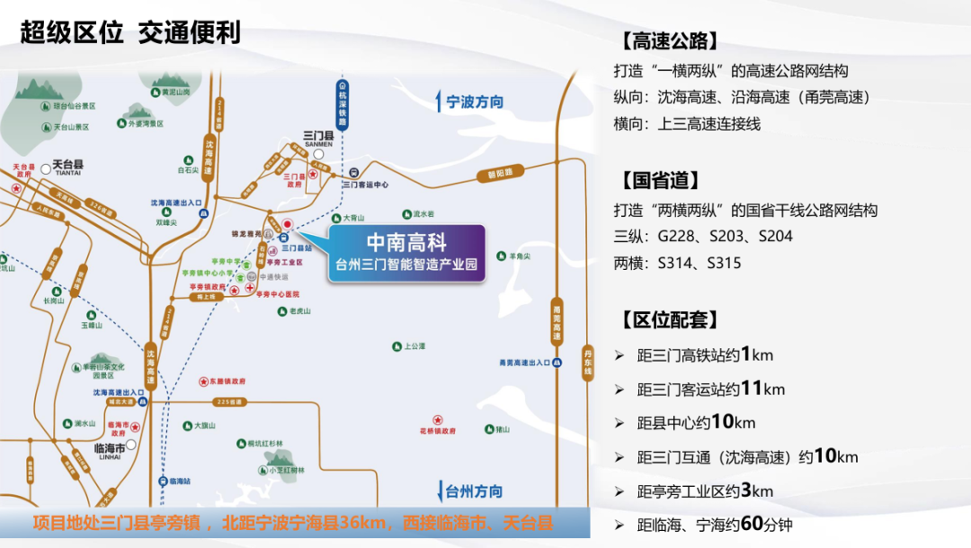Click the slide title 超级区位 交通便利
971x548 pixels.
point(130,34)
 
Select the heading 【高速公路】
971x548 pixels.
point(669,42)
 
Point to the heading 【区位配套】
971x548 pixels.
point(669,320)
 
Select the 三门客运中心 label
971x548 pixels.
point(366,184)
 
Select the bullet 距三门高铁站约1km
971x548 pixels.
point(705,355)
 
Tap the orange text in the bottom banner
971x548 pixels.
point(293,523)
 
